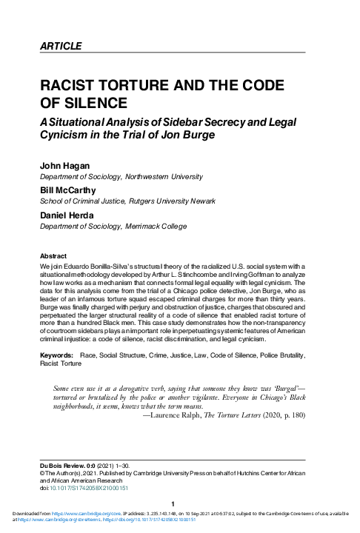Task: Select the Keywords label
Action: point(57,355)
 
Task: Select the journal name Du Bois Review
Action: point(61,462)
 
